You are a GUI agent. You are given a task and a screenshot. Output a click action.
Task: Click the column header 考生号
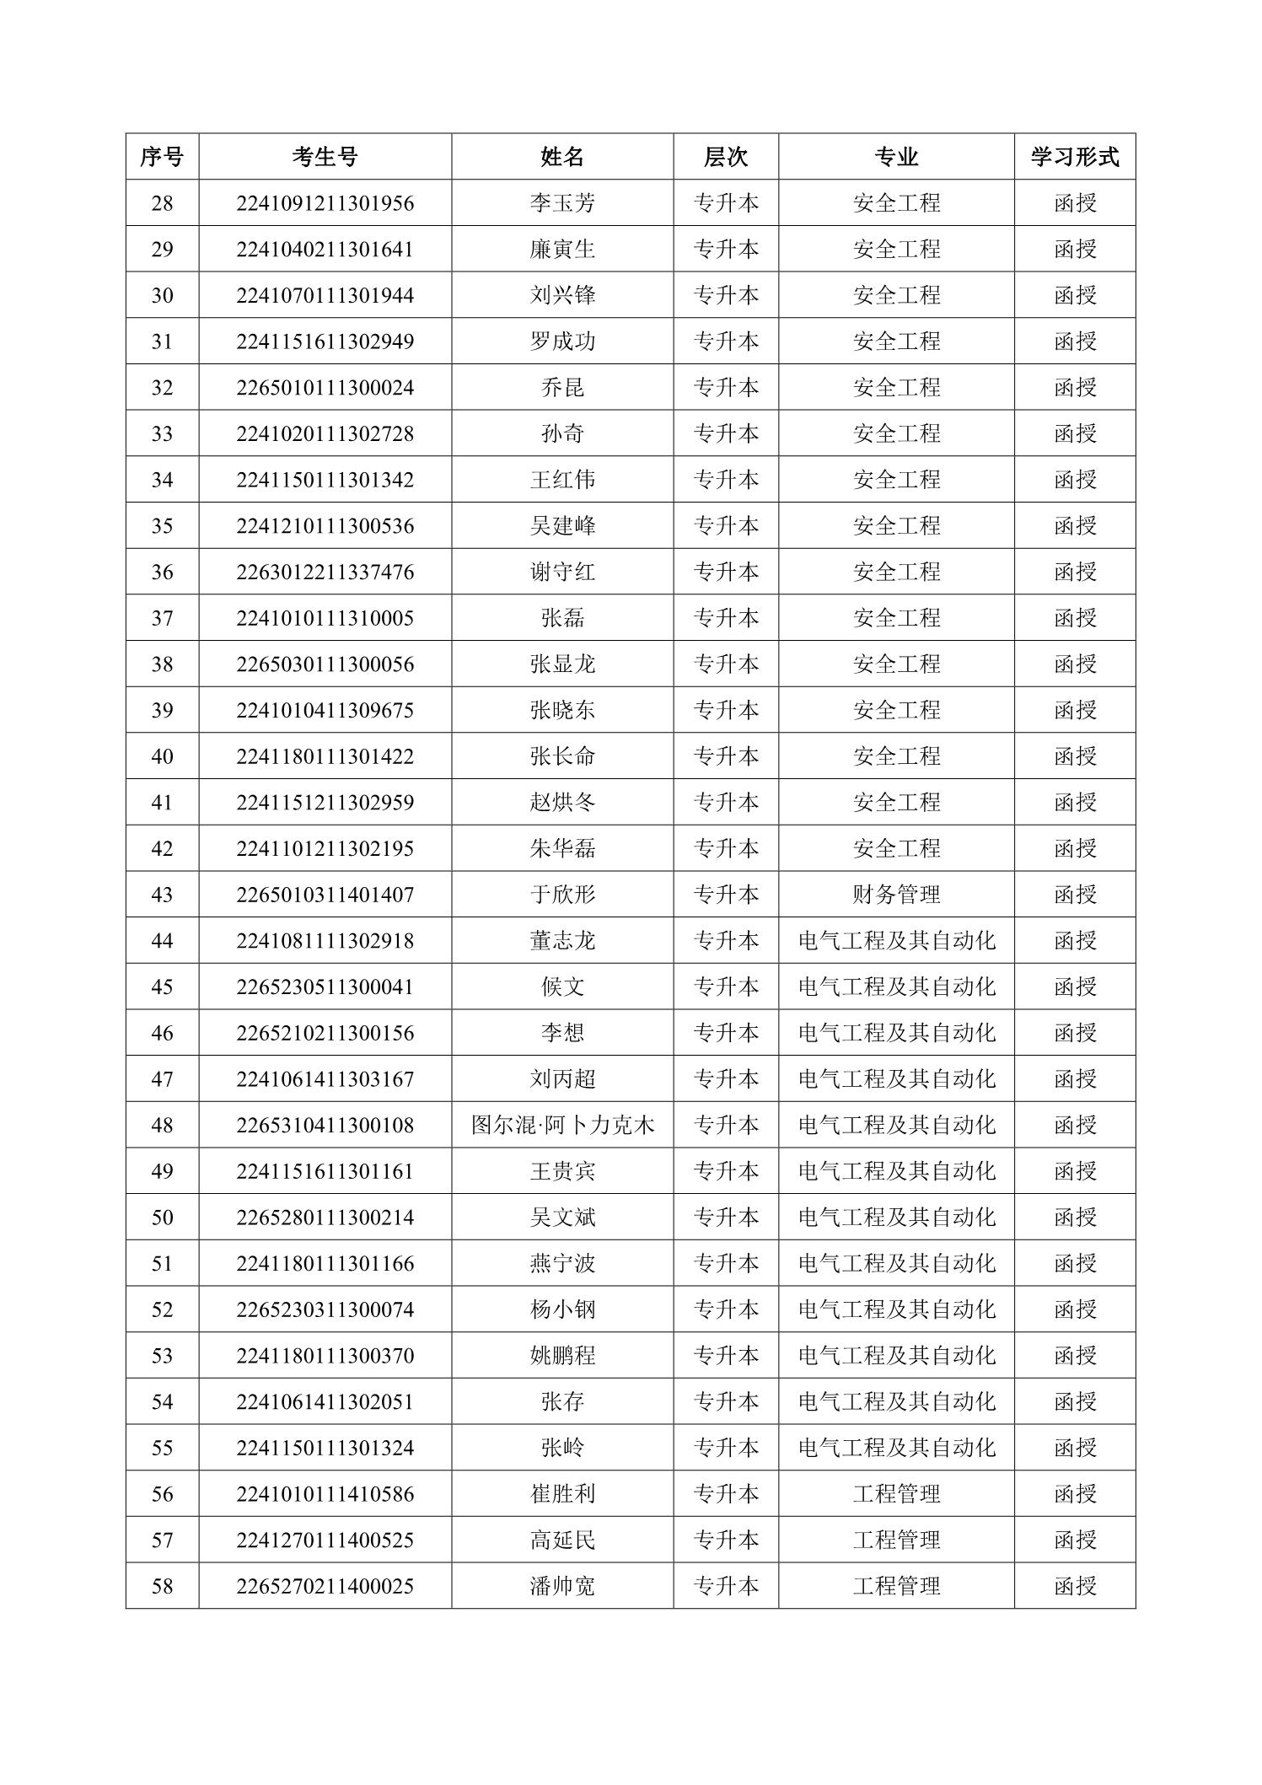click(x=325, y=157)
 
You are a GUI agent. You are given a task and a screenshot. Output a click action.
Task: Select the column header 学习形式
click(x=1074, y=157)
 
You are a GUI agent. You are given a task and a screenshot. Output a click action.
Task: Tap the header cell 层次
click(x=725, y=157)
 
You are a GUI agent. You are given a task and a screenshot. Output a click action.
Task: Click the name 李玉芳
click(x=562, y=203)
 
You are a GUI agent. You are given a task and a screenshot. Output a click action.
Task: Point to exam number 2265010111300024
click(x=325, y=388)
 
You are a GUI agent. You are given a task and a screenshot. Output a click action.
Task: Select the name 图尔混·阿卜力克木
click(x=562, y=1126)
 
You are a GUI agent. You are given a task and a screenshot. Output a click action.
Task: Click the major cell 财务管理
click(x=896, y=895)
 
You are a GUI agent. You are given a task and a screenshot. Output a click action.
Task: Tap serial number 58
click(x=162, y=1587)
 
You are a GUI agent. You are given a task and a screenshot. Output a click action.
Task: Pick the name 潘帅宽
click(x=562, y=1587)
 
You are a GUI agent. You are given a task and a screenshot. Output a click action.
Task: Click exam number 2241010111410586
click(x=325, y=1494)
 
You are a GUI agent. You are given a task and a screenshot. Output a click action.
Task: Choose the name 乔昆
click(x=562, y=388)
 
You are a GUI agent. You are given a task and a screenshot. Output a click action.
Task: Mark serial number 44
click(x=162, y=941)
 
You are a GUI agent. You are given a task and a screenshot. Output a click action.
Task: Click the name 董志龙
click(x=562, y=941)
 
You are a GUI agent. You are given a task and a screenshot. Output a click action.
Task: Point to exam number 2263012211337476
click(x=325, y=573)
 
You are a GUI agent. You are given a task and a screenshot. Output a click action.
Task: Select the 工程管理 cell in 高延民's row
click(x=896, y=1540)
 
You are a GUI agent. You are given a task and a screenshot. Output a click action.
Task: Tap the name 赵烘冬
click(x=562, y=803)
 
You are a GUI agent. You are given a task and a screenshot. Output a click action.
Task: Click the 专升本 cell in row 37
click(x=725, y=618)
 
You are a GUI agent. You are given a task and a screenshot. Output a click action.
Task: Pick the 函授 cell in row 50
click(x=1074, y=1218)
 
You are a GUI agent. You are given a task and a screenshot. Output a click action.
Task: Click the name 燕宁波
click(x=562, y=1264)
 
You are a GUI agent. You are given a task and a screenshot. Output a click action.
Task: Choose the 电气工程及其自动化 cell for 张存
click(x=896, y=1402)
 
